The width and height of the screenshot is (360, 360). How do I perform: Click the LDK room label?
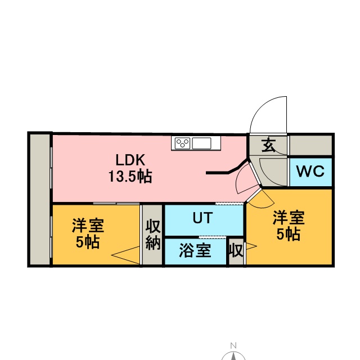pyautogui.click(x=130, y=159)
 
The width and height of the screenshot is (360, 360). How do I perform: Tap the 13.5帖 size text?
pyautogui.click(x=130, y=176)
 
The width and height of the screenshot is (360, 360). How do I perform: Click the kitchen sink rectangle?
pyautogui.click(x=201, y=143)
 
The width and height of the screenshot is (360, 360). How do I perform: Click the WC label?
pyautogui.click(x=310, y=172)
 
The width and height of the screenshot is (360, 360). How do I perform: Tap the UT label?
pyautogui.click(x=202, y=218)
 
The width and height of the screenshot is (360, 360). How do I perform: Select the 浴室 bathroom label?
pyautogui.click(x=195, y=250)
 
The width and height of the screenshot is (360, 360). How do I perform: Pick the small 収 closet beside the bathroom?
pyautogui.click(x=236, y=251)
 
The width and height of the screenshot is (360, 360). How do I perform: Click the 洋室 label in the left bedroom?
pyautogui.click(x=87, y=226)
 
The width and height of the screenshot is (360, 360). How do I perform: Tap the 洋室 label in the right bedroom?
pyautogui.click(x=289, y=218)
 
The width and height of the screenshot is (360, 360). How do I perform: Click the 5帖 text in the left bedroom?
pyautogui.click(x=87, y=242)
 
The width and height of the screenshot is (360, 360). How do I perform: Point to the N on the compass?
pyautogui.click(x=233, y=346)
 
